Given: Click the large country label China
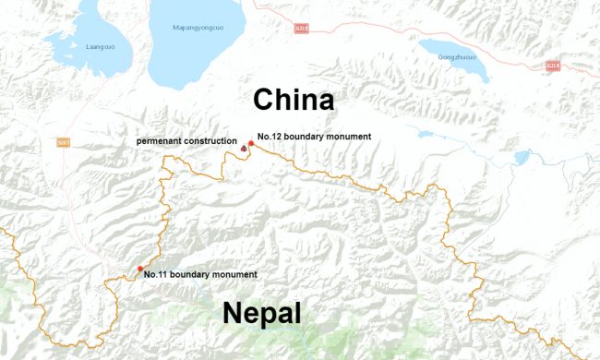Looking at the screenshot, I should pos(294,99).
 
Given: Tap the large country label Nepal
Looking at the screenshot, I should pos(261,314).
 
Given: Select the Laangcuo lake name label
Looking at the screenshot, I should pos(99,45).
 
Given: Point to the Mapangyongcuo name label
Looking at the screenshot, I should pos(198,28).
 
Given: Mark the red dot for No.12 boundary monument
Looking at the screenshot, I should pos(251,144).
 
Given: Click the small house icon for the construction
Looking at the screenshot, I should pos(244,149).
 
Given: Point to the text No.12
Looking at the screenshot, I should pos(268,137).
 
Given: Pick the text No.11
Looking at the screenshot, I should pos(155,275).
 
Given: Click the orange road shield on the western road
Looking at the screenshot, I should pos(64,142).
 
